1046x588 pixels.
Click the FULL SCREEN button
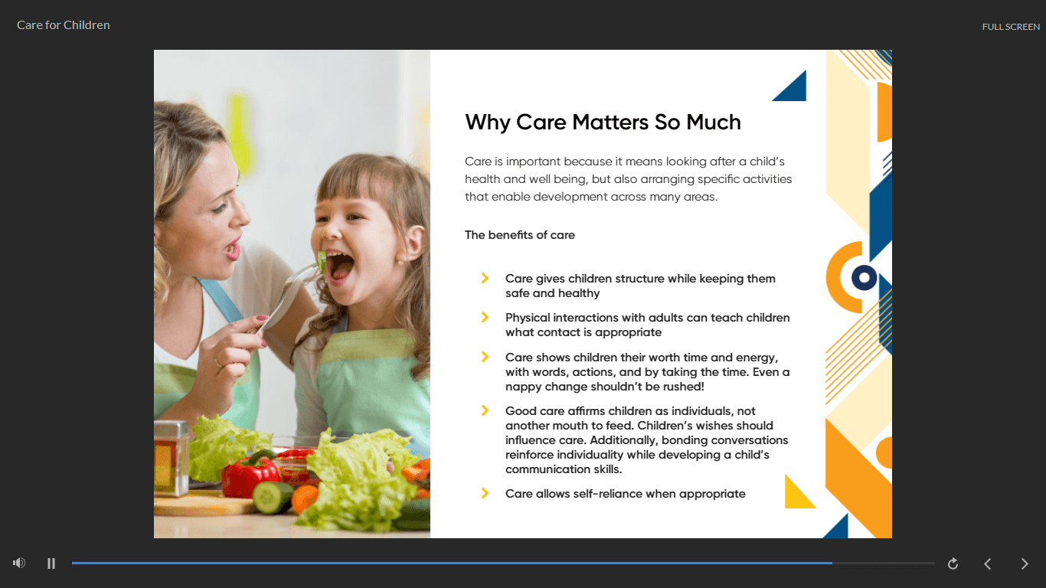1011,27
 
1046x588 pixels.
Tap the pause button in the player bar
51,563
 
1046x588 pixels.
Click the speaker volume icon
19,563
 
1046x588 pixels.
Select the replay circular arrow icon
953,563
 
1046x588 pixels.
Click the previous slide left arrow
988,563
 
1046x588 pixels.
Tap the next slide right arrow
1025,563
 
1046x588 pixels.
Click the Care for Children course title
64,25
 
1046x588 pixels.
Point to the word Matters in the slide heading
610,122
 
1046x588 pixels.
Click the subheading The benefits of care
520,235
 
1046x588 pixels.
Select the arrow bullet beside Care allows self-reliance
485,493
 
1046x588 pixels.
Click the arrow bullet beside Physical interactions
485,317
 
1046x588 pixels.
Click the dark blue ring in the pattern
864,278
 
